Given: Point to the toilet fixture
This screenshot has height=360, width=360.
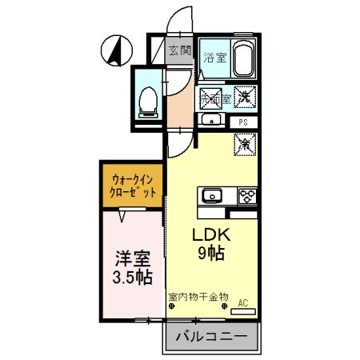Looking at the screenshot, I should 147,99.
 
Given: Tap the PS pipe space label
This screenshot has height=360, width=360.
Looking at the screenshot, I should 244,122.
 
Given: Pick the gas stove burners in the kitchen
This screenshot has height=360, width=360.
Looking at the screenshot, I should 246,195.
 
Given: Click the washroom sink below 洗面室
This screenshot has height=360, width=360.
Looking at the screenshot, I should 211,121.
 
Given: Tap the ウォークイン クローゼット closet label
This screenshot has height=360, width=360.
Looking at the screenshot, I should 134,186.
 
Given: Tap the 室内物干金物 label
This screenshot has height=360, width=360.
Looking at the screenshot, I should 198,297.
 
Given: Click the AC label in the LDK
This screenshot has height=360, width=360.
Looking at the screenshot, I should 244,302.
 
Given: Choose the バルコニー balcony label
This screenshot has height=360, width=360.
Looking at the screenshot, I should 211,336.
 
